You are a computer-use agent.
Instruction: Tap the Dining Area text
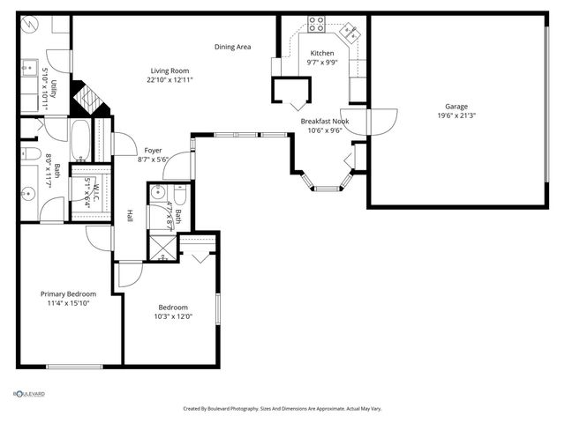(x=232, y=47)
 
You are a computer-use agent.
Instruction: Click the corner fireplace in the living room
(x=89, y=98)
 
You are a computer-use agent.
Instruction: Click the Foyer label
(x=153, y=150)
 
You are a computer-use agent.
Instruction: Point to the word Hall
(x=130, y=214)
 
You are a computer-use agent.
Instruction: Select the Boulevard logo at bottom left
(x=29, y=393)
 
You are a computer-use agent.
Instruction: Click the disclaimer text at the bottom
(x=282, y=409)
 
